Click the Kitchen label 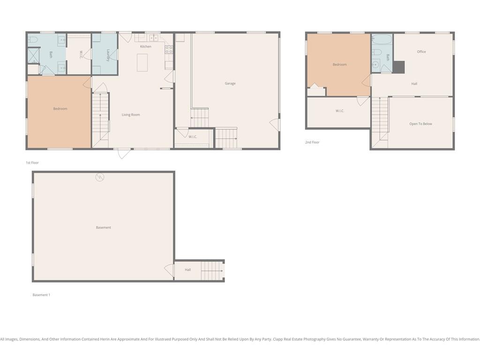click(x=146, y=46)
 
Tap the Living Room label click(x=131, y=115)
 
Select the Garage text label click(x=230, y=83)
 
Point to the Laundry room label click(x=108, y=55)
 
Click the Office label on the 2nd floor click(x=421, y=52)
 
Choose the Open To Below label click(x=420, y=124)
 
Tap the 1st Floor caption click(x=32, y=163)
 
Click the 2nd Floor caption click(x=312, y=142)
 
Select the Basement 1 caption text click(x=41, y=295)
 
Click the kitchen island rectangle click(x=142, y=63)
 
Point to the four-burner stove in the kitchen click(x=169, y=50)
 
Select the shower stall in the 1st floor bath click(x=33, y=56)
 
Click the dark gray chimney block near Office click(x=398, y=67)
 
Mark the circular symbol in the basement click(x=100, y=177)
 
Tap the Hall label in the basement click(x=187, y=270)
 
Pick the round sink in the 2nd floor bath click(x=375, y=65)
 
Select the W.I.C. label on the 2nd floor click(x=340, y=111)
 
